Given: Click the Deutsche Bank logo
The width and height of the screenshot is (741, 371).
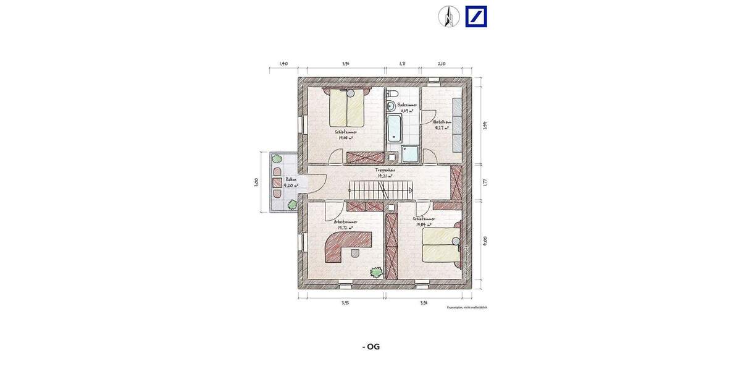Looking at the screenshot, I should pos(476,17).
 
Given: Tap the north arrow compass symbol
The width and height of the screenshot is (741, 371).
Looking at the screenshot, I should pos(449,17).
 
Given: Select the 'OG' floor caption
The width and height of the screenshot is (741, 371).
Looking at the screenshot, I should pos(371,346).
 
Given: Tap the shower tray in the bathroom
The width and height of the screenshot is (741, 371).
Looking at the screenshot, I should pos(410,154).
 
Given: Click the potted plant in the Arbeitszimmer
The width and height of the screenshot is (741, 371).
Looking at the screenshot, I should pos(375,271).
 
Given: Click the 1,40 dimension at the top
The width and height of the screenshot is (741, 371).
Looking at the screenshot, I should pos(283,63).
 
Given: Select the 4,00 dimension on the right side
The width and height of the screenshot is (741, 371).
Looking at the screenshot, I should pos(485,240).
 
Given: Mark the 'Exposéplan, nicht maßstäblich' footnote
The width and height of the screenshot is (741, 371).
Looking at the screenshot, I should pos(467,307).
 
